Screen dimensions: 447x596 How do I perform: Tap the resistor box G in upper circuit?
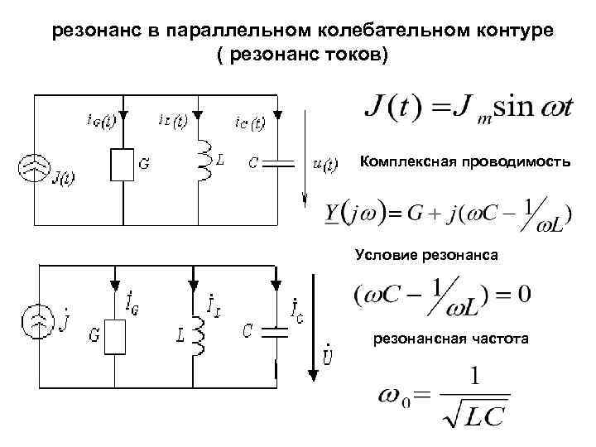coord(122,165)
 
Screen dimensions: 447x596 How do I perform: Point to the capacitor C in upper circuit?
coord(277,162)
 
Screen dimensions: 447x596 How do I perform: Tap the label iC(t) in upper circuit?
coord(248,124)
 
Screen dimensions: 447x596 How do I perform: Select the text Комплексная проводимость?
coord(464,163)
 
